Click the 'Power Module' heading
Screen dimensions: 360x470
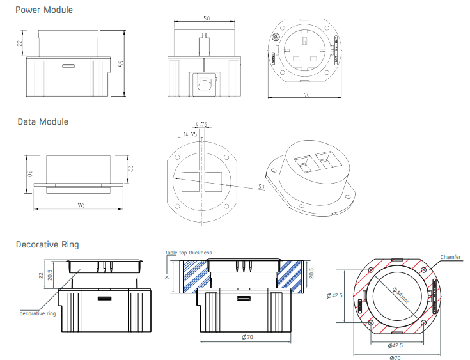point(44,10)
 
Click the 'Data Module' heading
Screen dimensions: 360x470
point(42,121)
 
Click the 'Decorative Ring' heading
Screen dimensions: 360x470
point(47,244)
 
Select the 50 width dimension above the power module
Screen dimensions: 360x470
point(206,19)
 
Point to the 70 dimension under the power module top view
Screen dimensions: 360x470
point(306,95)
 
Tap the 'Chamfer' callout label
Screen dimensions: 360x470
point(450,257)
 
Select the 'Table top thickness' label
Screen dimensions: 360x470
point(188,253)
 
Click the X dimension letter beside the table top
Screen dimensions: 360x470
point(168,278)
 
